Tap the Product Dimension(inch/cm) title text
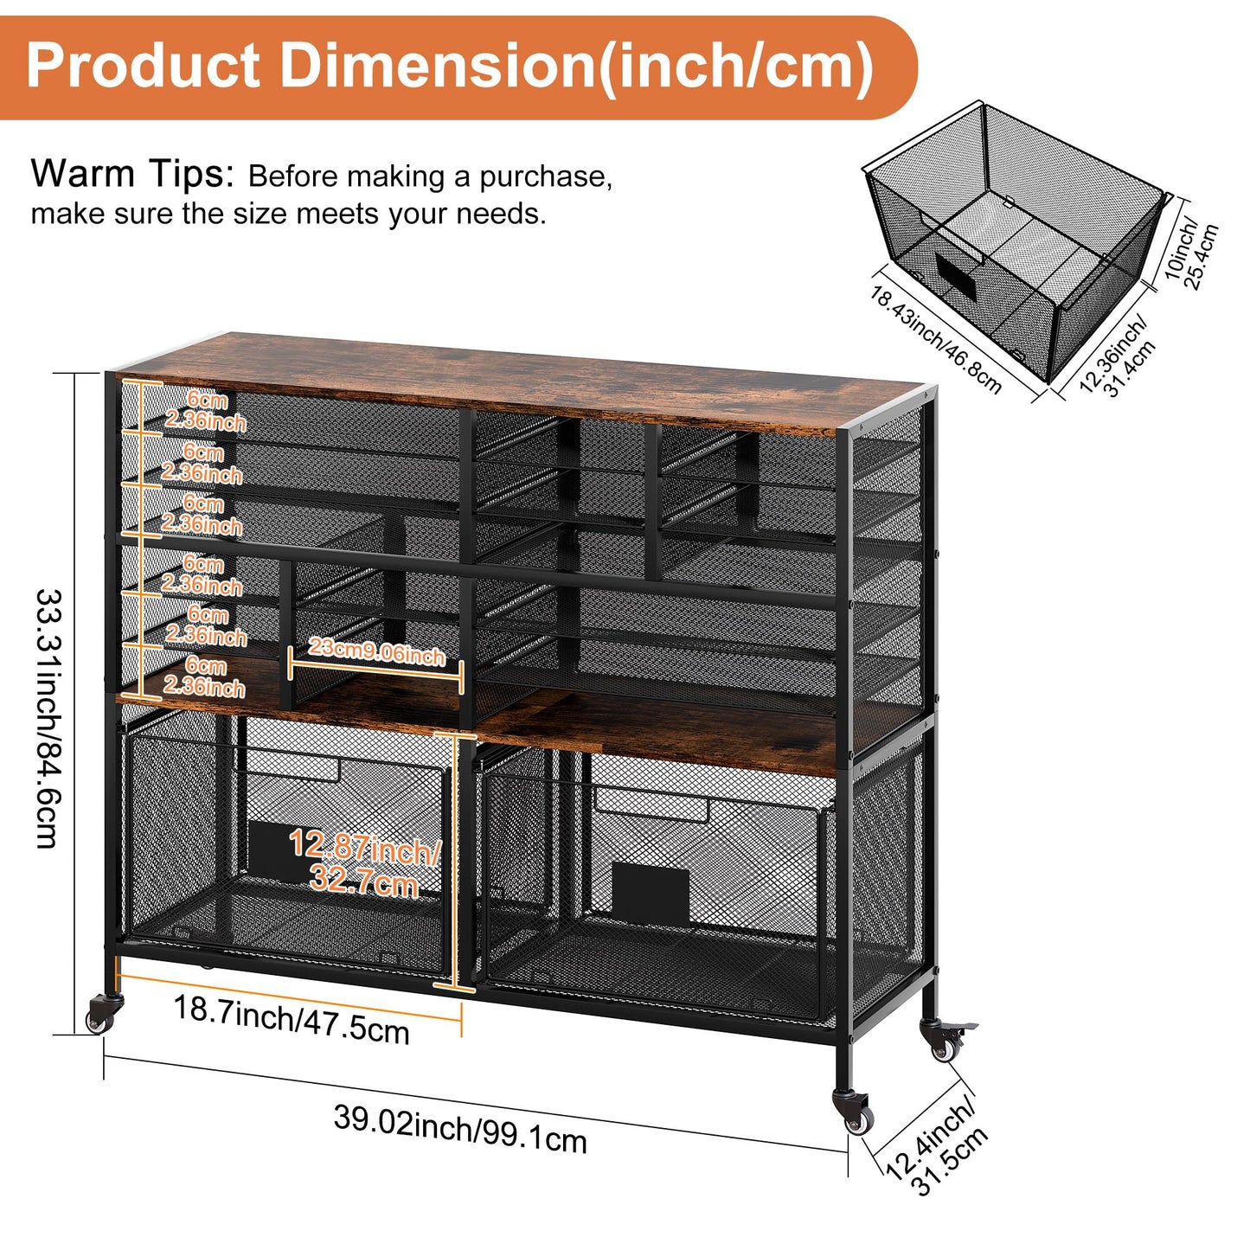(x=450, y=67)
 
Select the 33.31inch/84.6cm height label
(x=48, y=718)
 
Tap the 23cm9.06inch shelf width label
(x=376, y=651)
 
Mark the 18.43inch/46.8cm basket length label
(x=935, y=339)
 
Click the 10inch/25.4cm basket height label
(x=1191, y=250)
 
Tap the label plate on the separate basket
(x=956, y=279)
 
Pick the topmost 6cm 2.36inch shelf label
(x=206, y=411)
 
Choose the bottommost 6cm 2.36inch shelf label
(x=204, y=676)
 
